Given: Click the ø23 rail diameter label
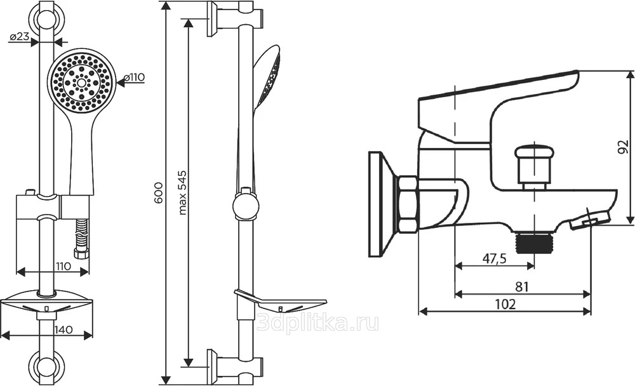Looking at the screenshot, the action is click(20, 36).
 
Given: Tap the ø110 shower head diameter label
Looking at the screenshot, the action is click(134, 77).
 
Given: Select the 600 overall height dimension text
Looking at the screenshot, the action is click(159, 193).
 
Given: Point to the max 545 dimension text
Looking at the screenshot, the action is click(183, 192).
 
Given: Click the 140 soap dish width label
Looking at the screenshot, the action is click(63, 329).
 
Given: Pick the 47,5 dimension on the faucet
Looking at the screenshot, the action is click(494, 258).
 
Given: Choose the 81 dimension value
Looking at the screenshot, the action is click(522, 287).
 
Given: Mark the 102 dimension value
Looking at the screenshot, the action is click(505, 303).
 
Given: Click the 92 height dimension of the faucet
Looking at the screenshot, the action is click(624, 147).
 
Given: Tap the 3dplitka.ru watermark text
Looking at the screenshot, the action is click(318, 323).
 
